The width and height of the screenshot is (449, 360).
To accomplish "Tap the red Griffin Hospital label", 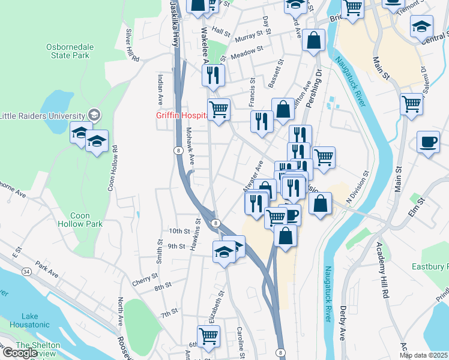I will [179, 116].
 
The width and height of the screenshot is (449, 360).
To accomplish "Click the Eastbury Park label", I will [430, 266].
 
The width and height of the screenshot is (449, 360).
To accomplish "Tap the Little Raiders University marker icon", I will [93, 114].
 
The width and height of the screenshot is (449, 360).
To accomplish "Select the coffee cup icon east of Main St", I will [427, 143].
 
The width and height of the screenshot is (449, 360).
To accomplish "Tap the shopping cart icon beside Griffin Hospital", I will [219, 110].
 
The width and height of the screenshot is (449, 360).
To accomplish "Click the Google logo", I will [20, 353].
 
